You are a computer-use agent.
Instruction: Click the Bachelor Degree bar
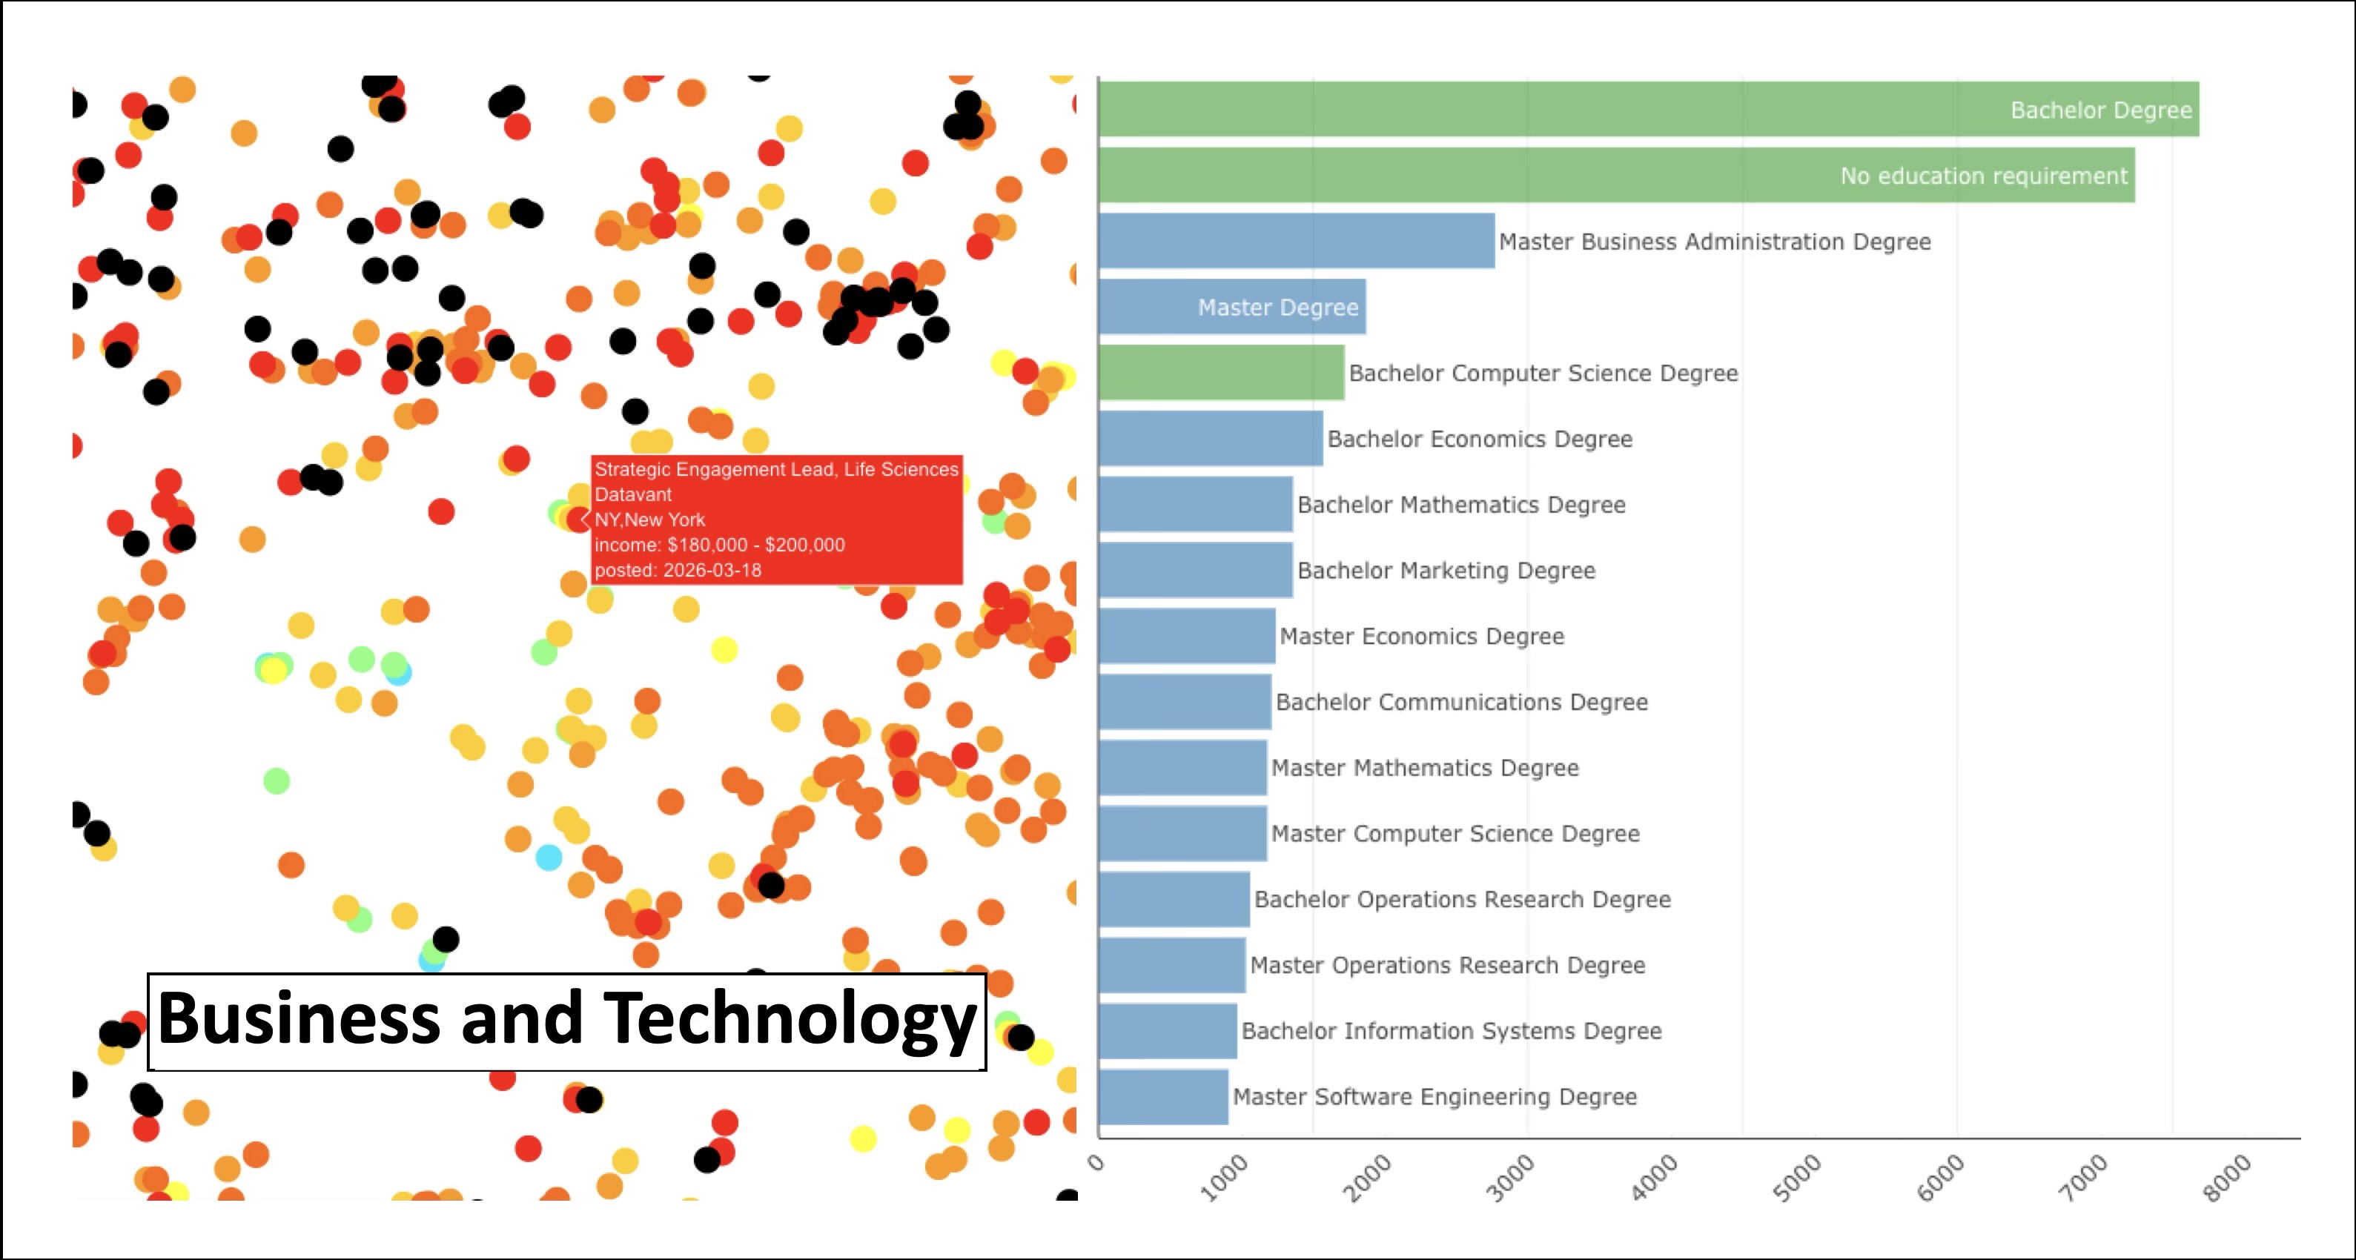pos(1647,110)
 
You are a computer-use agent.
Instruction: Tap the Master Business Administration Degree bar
pos(1296,242)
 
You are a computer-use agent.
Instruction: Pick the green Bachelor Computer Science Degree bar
pos(1221,373)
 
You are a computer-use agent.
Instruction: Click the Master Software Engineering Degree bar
pos(1162,1096)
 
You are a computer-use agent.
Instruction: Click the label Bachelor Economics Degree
pos(1479,439)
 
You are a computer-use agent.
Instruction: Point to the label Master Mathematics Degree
pos(1424,768)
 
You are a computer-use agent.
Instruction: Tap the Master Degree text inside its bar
pos(1277,308)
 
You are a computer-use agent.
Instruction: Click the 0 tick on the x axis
pos(1096,1162)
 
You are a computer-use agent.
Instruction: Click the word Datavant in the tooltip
pos(633,494)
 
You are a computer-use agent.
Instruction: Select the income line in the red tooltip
pos(719,545)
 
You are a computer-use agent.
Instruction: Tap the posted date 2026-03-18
pos(712,570)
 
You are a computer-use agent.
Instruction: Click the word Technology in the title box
pos(790,1018)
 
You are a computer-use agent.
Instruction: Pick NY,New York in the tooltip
pos(649,520)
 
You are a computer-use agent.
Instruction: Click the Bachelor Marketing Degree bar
pos(1195,571)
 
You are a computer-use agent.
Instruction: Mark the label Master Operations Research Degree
pos(1447,965)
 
